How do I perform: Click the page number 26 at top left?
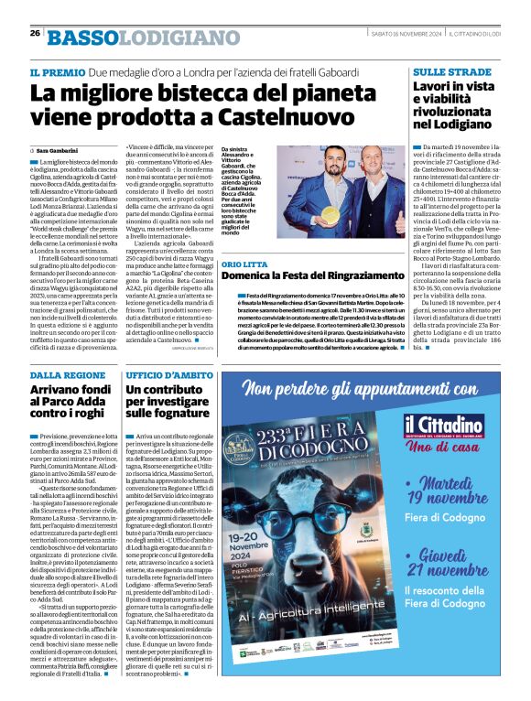coord(35,34)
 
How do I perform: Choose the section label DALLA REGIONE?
coord(68,376)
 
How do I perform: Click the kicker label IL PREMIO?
coord(57,71)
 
